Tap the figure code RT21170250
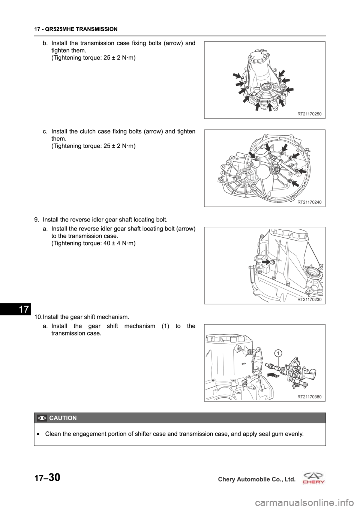click(309, 114)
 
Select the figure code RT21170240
click(309, 202)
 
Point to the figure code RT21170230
click(309, 299)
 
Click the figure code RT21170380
click(309, 397)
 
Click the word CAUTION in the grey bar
click(63, 418)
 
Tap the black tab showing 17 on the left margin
click(15, 309)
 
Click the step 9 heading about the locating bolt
click(101, 220)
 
